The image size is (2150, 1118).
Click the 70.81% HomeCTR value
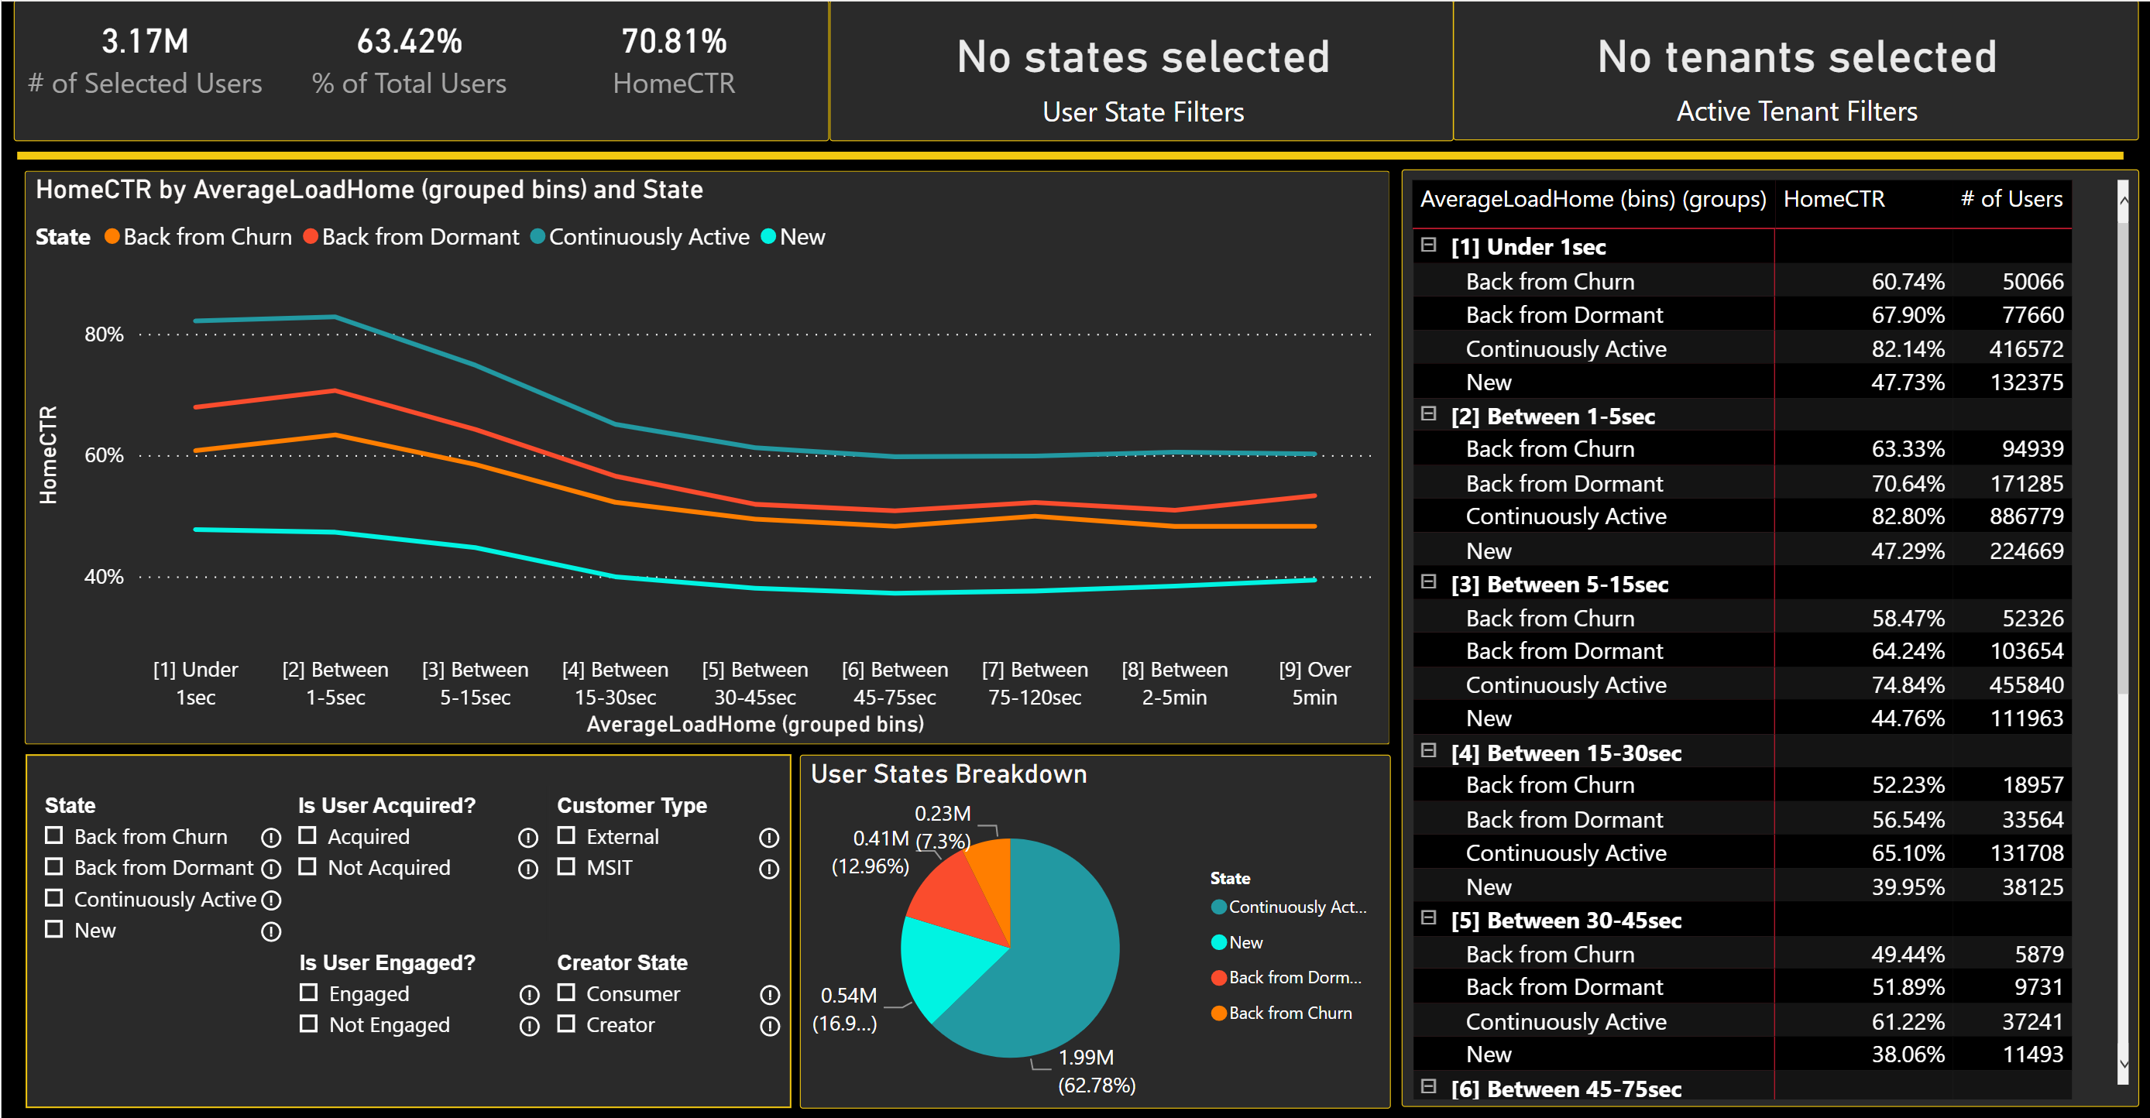pyautogui.click(x=674, y=42)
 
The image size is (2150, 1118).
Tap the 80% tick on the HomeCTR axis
pyautogui.click(x=104, y=334)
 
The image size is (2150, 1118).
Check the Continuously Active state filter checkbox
pyautogui.click(x=54, y=898)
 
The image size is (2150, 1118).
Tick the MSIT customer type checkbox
pyautogui.click(x=566, y=866)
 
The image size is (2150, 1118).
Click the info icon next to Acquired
pyautogui.click(x=527, y=837)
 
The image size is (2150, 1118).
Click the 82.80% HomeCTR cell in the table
pyautogui.click(x=1907, y=516)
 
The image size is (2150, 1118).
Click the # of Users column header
pyautogui.click(x=2011, y=198)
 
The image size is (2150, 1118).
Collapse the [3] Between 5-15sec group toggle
pyautogui.click(x=1428, y=581)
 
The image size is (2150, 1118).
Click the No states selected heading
pyautogui.click(x=1142, y=57)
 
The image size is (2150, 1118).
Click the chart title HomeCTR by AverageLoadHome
pyautogui.click(x=369, y=190)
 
